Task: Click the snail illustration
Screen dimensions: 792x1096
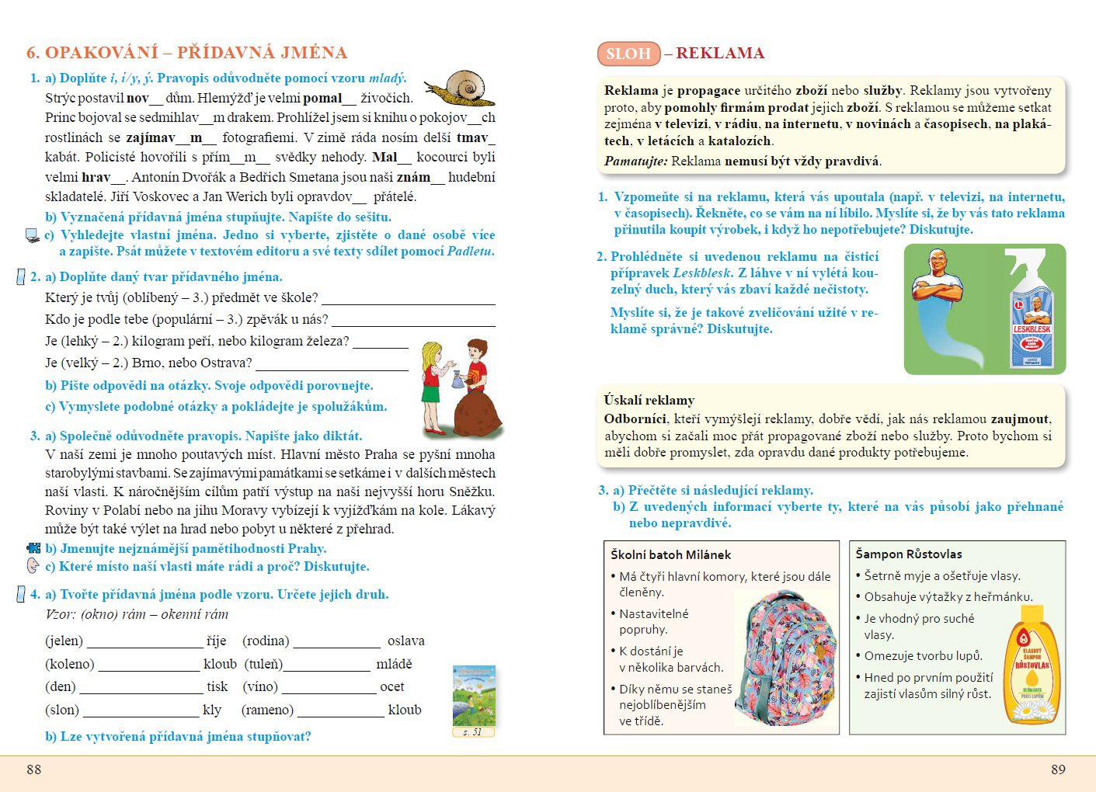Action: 463,88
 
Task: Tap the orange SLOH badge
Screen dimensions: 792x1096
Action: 628,54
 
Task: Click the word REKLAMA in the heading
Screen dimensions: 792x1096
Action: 720,53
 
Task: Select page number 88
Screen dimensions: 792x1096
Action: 34,769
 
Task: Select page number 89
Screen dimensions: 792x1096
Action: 1058,769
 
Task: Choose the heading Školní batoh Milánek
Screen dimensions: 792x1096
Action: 670,554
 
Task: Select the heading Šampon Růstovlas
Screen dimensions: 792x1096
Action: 909,554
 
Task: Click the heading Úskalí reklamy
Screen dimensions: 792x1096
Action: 649,400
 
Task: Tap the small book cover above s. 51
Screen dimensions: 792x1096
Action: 474,695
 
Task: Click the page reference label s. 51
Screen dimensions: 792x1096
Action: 473,732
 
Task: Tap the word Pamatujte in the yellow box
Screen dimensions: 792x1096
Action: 635,162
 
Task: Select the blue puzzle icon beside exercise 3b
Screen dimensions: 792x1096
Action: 33,548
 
